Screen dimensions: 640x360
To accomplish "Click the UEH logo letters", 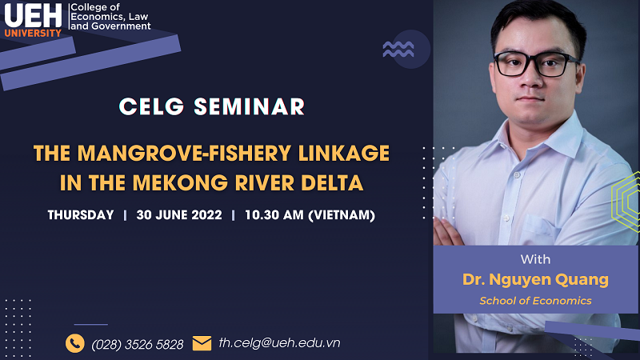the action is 33,15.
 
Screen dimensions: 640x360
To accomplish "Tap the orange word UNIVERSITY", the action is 33,33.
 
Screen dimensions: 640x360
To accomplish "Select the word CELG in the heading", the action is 151,107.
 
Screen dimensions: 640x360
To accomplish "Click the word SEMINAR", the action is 249,107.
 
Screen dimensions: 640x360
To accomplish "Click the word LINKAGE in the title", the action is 344,154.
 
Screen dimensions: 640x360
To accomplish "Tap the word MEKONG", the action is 180,183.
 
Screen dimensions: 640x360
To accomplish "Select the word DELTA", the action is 332,183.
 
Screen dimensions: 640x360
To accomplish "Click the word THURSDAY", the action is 81,215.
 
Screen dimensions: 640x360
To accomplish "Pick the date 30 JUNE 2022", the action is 179,215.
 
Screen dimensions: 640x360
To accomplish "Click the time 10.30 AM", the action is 274,215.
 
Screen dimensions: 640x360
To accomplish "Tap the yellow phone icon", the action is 75,343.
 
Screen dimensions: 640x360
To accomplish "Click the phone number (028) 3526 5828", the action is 138,345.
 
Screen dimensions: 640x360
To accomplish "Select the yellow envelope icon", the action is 202,343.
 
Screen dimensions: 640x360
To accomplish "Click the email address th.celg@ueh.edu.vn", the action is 279,343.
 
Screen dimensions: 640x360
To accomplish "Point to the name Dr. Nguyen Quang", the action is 535,279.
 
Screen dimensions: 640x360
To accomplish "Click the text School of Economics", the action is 535,301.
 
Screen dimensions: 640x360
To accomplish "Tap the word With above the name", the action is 535,259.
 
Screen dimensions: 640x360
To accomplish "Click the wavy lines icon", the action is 398,50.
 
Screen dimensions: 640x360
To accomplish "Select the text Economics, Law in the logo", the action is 110,17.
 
